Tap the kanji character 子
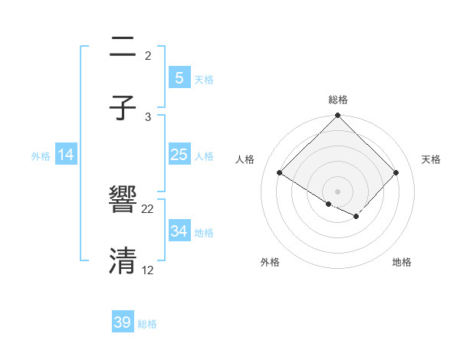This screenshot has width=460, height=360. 123,109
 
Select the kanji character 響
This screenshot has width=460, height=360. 123,201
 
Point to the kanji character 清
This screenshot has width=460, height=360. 123,261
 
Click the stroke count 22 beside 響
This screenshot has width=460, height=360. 148,208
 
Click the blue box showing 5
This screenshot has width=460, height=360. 179,77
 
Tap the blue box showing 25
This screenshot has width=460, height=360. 179,155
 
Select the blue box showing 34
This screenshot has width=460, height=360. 179,231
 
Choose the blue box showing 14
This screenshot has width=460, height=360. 66,155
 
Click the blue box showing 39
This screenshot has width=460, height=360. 123,322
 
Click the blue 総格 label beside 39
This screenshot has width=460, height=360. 147,324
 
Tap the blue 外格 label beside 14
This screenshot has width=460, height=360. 41,155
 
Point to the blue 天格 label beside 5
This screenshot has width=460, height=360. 204,79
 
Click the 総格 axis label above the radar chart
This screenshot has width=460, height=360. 338,100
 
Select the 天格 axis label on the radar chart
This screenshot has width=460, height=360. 431,159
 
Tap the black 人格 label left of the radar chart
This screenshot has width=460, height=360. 245,159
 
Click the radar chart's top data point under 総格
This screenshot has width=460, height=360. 338,116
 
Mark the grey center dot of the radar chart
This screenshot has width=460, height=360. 338,191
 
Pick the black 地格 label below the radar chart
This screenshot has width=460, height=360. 402,262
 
